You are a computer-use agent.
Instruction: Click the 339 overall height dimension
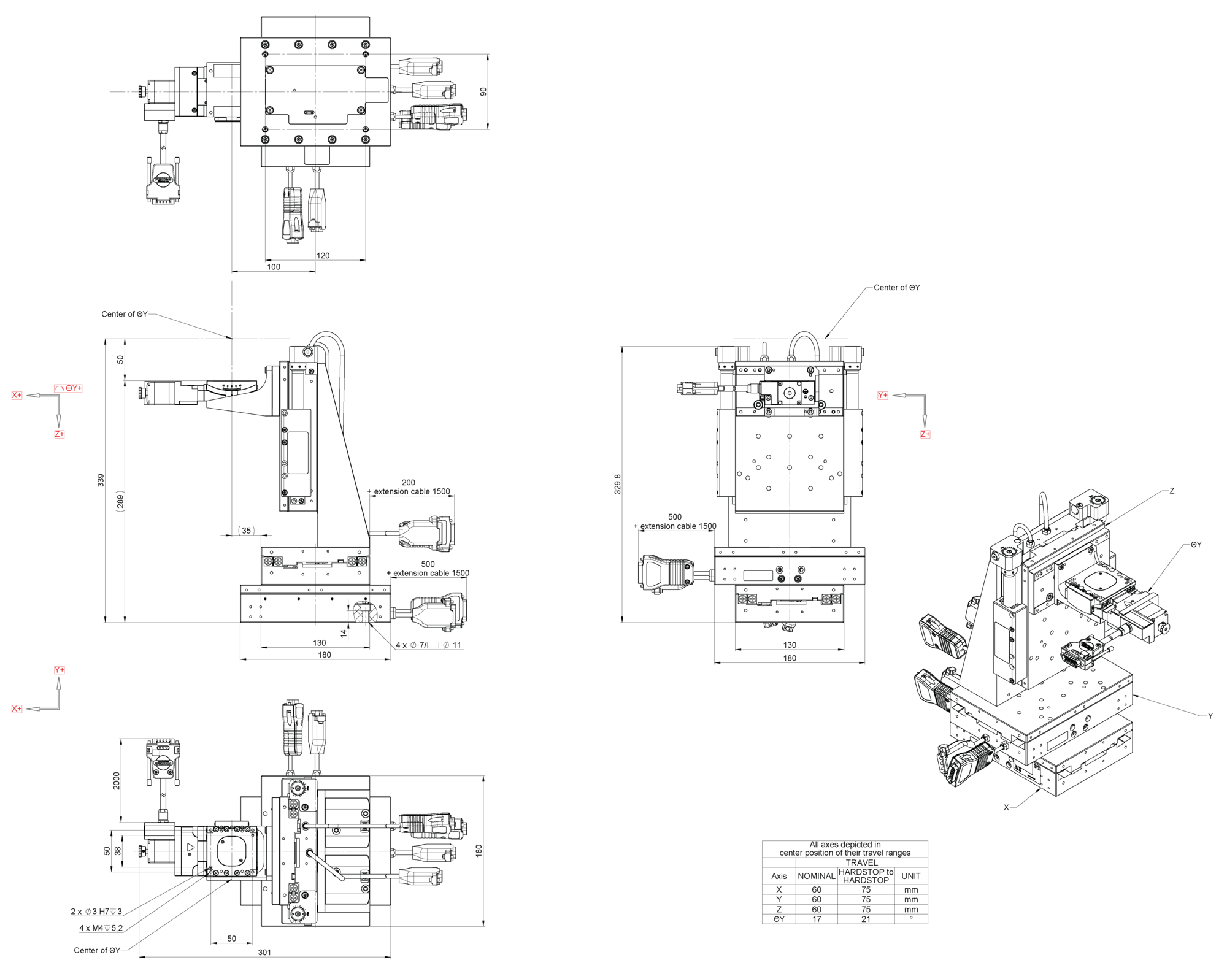point(101,480)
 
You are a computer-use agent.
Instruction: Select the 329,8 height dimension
point(618,483)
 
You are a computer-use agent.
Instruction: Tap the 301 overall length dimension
point(264,952)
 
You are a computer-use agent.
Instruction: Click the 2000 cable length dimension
point(117,781)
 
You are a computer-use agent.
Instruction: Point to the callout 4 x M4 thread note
point(101,928)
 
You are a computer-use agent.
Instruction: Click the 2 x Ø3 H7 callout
point(96,912)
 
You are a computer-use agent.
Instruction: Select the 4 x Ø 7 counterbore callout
point(428,645)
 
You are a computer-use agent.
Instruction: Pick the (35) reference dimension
point(246,531)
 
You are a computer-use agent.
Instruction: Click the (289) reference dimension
point(120,502)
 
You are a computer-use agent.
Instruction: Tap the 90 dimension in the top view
point(483,92)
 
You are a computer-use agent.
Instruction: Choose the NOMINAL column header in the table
point(816,876)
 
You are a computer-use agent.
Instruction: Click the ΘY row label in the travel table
point(779,919)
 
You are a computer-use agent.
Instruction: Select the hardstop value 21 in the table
point(866,919)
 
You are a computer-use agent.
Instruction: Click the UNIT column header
point(911,876)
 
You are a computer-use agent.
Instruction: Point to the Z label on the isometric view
point(1172,491)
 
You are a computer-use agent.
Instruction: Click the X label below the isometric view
point(1006,807)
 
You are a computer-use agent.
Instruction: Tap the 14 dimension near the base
point(344,632)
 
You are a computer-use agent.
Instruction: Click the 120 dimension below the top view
point(323,256)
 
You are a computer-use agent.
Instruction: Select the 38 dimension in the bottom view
point(118,851)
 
